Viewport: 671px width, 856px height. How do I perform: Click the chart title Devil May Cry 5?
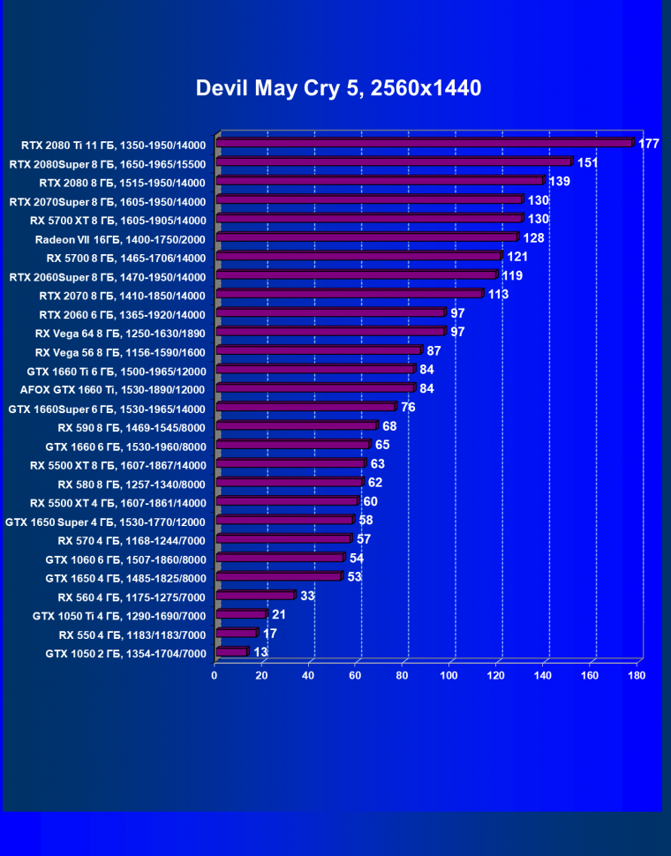coord(338,88)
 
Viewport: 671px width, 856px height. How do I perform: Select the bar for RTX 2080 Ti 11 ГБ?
coord(425,143)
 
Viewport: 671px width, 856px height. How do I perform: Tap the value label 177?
coord(649,144)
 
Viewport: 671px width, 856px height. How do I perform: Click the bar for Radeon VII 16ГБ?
coord(366,237)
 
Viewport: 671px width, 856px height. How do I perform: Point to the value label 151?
coord(588,162)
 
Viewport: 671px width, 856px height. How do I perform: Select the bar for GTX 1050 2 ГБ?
coord(231,652)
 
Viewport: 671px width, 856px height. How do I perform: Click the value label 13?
coord(260,652)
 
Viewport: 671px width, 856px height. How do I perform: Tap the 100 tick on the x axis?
coord(449,676)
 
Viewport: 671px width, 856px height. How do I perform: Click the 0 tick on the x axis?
coord(215,676)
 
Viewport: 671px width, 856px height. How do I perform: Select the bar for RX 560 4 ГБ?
coord(255,596)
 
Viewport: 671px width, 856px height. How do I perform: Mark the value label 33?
coord(307,596)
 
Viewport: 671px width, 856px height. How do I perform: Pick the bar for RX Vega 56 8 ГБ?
coord(319,350)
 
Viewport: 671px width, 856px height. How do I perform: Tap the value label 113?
coord(498,294)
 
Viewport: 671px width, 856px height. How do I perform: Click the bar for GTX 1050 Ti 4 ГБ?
coord(240,614)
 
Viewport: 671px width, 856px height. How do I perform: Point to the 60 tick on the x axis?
coord(355,676)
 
